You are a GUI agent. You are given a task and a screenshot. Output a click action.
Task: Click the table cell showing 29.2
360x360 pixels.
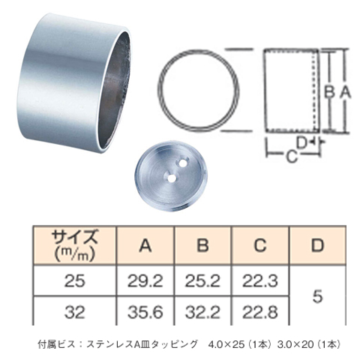click(x=145, y=280)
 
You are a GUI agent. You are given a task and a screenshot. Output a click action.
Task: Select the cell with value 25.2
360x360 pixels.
click(x=202, y=280)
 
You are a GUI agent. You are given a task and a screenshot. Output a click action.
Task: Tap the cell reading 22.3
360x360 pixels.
click(x=260, y=280)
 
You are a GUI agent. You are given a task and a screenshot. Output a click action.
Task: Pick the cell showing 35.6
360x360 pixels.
click(x=145, y=311)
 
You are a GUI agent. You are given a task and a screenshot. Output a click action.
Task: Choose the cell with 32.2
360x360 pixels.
click(x=202, y=311)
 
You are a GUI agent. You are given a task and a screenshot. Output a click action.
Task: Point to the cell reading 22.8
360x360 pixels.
click(x=260, y=311)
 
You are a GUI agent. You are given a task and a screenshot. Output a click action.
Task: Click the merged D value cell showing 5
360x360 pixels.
click(x=317, y=295)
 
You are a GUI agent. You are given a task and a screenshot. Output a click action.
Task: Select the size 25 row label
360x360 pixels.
click(x=75, y=280)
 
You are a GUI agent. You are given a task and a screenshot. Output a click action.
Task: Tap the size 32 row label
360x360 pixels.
click(x=75, y=311)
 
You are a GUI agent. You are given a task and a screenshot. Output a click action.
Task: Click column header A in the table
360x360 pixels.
click(x=145, y=245)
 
